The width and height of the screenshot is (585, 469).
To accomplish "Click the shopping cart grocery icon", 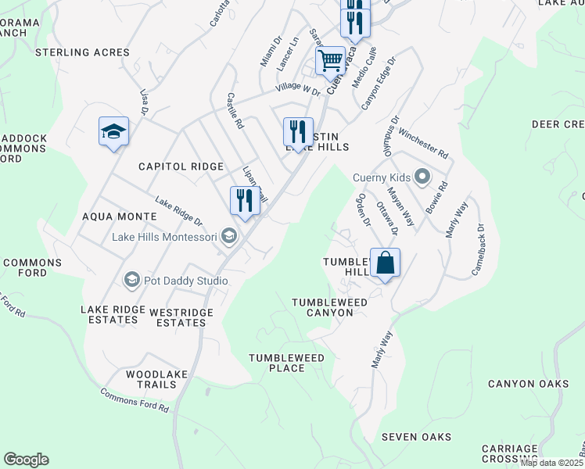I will point(331,60).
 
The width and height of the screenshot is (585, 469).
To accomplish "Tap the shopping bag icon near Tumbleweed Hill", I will point(385,263).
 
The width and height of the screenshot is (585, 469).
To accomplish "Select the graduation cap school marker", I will point(113,131).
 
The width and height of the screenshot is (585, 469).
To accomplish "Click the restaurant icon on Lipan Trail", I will point(245,201).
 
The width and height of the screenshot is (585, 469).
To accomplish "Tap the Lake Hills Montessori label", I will point(166,237).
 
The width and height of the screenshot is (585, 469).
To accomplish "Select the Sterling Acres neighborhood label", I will point(82,52).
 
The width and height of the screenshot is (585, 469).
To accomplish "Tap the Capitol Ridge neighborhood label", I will point(181,166).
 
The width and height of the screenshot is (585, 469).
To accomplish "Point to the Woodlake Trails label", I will point(156,380).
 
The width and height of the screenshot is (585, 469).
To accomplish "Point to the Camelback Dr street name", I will point(478,250).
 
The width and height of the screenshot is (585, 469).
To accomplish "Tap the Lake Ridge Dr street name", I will point(178,213).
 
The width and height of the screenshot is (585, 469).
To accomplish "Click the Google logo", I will point(26,460).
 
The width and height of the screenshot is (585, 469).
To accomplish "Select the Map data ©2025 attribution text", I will point(551,463).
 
